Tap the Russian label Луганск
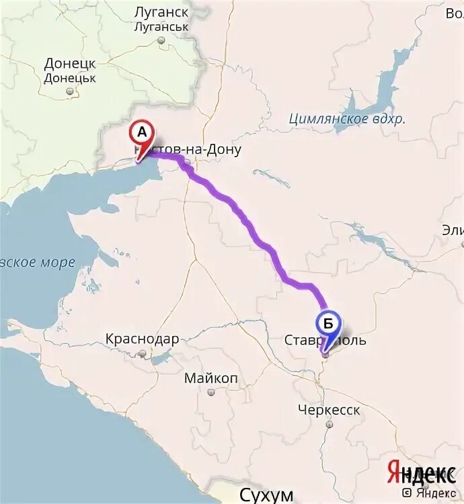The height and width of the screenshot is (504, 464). (161, 13)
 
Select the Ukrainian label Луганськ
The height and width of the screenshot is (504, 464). (161, 27)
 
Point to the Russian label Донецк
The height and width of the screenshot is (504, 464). (70, 64)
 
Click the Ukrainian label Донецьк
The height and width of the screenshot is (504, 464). (70, 78)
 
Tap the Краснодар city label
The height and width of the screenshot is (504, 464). (142, 339)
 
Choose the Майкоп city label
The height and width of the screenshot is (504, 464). (211, 379)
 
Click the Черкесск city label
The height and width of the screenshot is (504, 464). (330, 410)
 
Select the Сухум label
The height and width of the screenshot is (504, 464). (267, 496)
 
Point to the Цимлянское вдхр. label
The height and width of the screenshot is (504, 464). (347, 120)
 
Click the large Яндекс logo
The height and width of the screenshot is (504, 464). (421, 472)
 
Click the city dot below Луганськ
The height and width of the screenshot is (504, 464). (161, 40)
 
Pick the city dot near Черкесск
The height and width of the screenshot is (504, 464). (329, 425)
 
